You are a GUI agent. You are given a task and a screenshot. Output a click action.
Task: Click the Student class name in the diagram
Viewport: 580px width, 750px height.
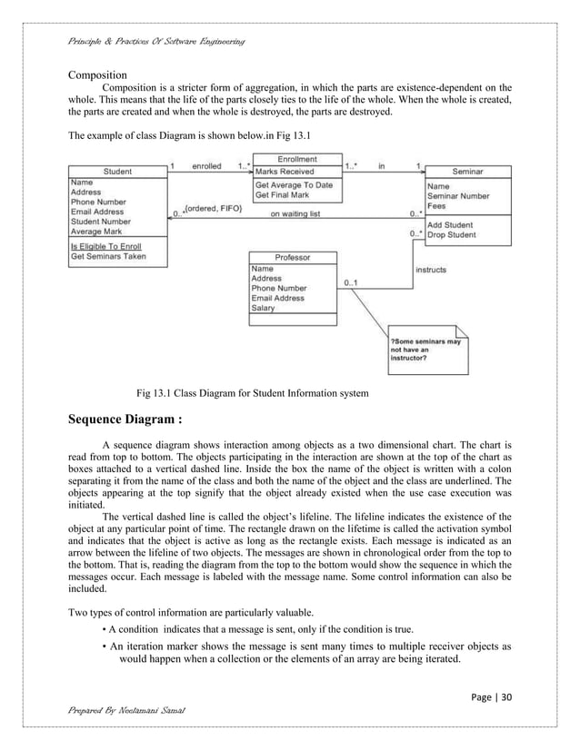point(117,172)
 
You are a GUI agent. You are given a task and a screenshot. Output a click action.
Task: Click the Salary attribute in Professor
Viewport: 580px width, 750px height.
point(267,308)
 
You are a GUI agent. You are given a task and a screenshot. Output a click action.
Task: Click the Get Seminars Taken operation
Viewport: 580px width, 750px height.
point(107,256)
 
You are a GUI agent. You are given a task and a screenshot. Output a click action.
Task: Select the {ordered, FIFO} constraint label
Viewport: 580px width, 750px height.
point(214,209)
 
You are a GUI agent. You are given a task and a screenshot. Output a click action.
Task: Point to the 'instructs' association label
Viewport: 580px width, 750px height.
point(431,270)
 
